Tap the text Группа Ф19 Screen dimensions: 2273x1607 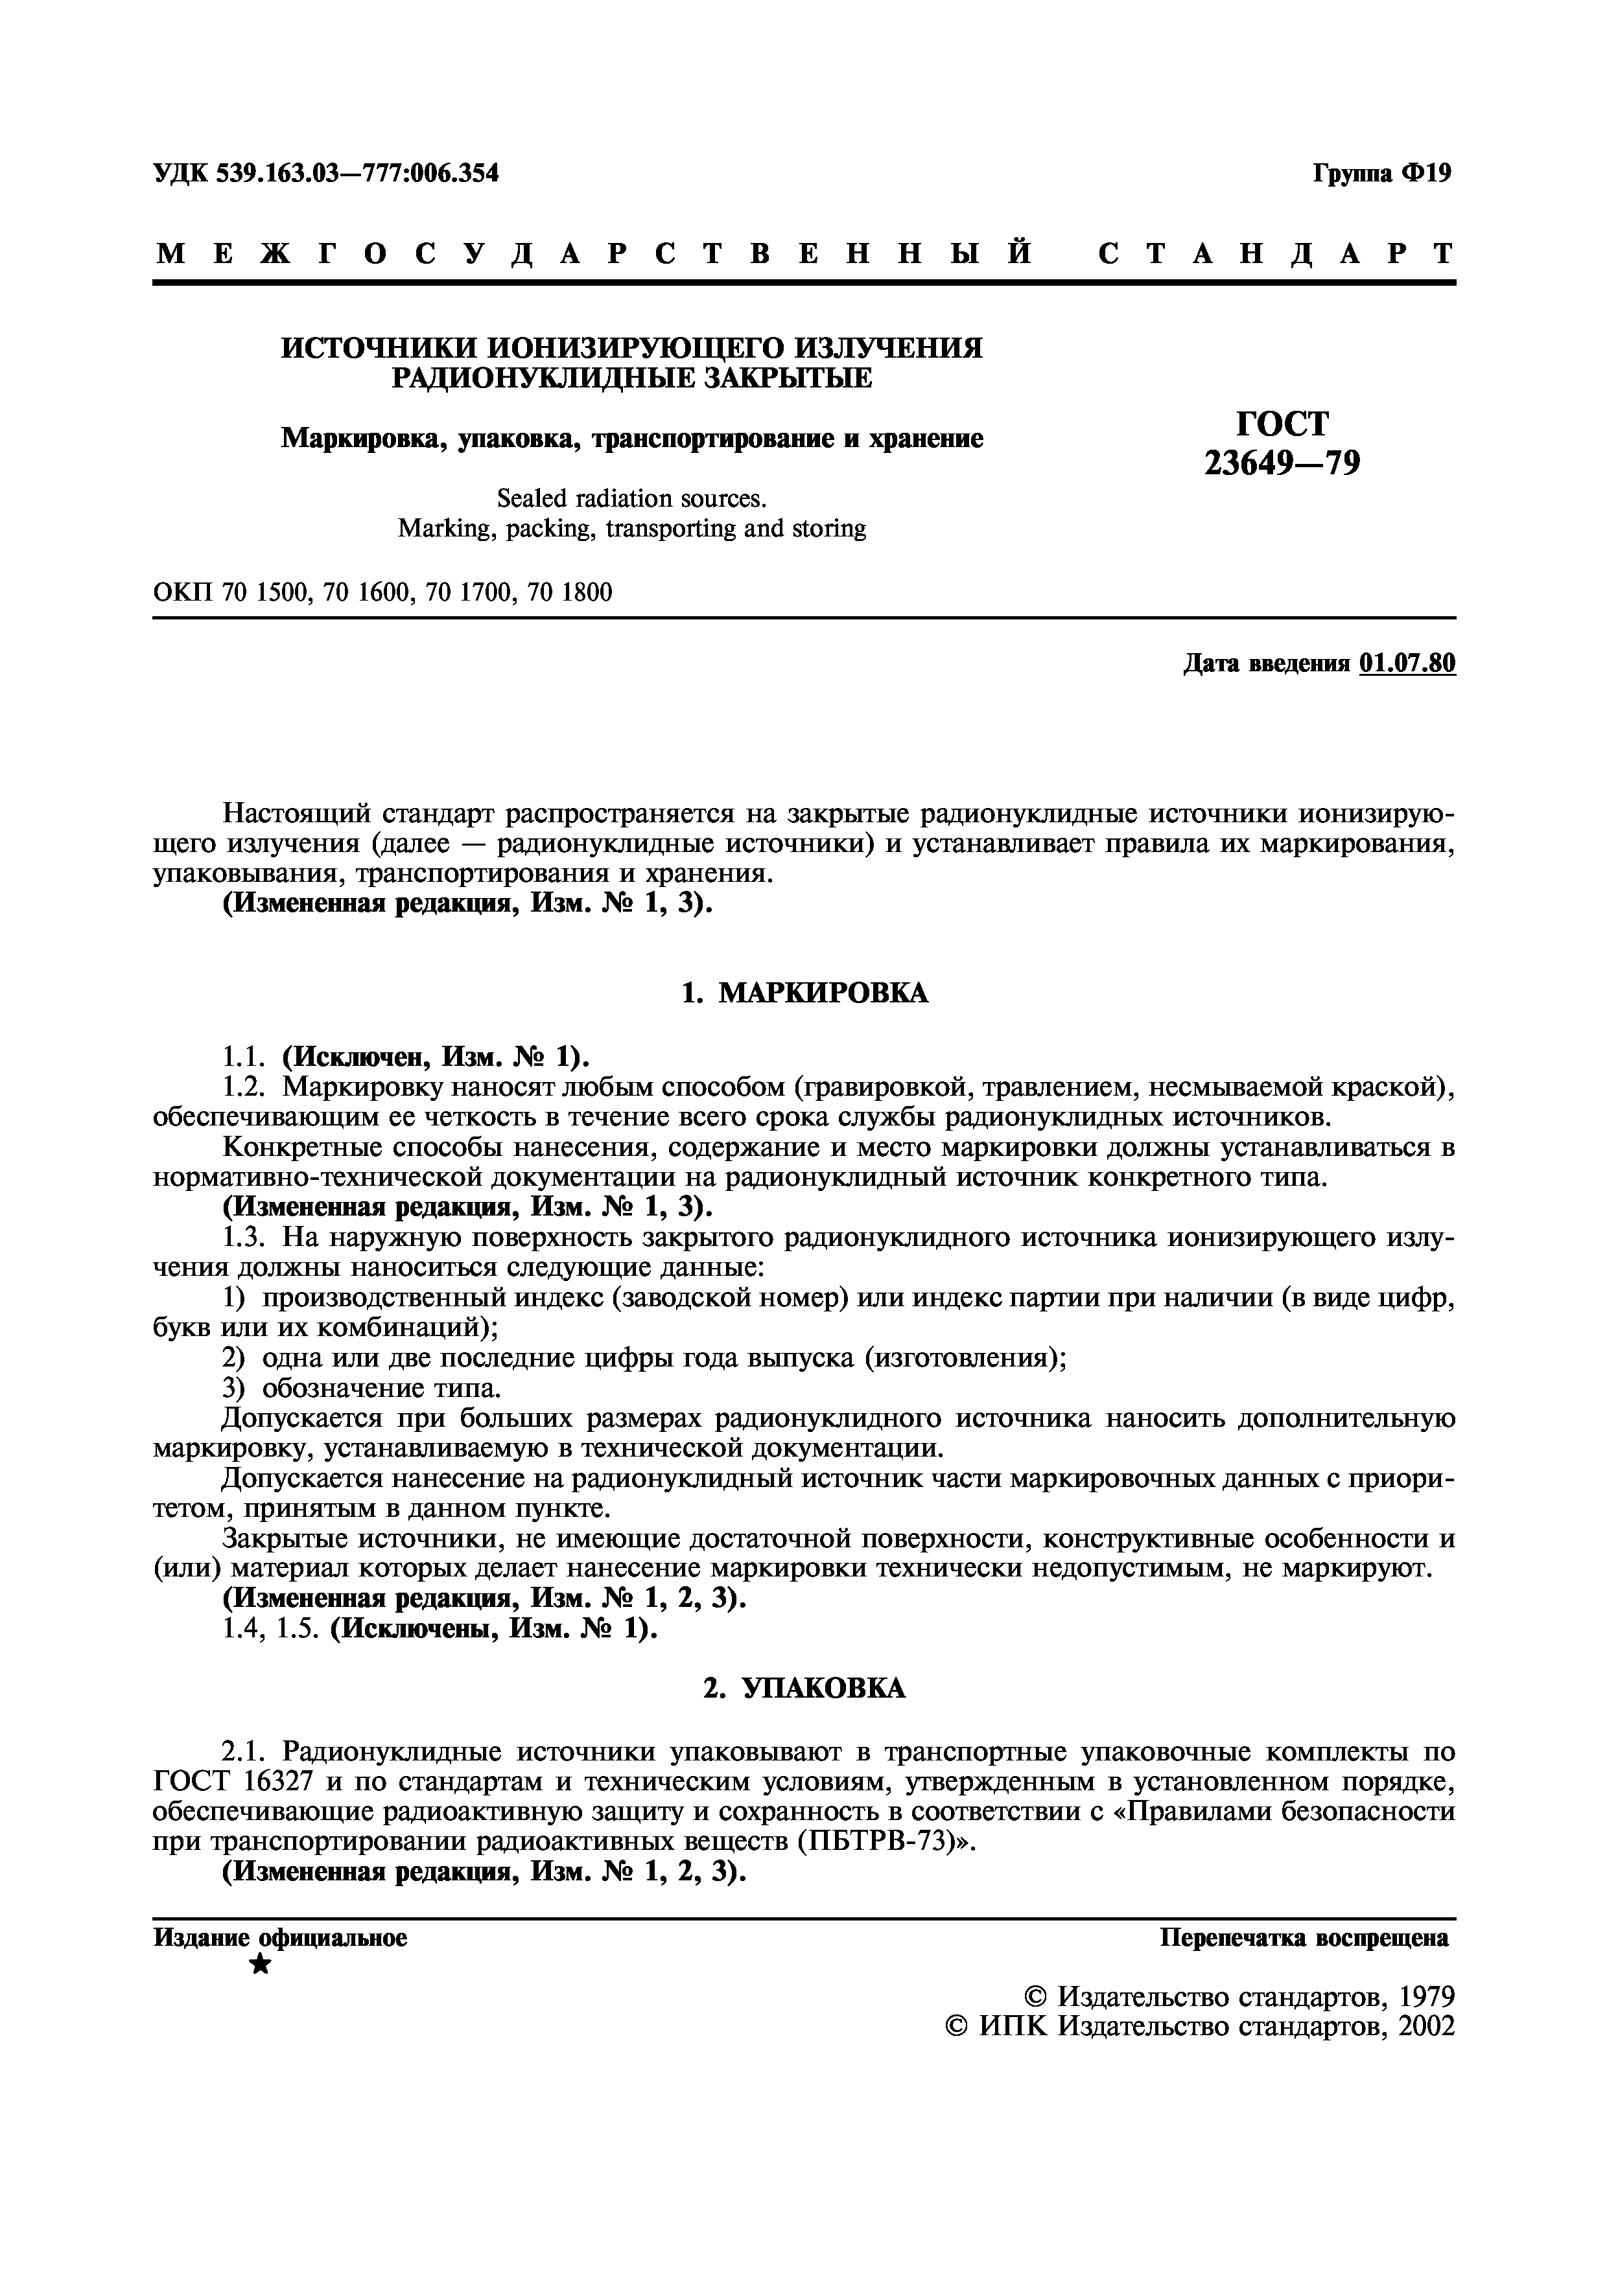(x=1382, y=174)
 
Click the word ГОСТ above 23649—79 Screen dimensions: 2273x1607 (x=1282, y=422)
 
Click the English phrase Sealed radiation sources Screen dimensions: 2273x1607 (x=631, y=499)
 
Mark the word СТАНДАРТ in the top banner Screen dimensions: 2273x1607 (x=1276, y=255)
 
